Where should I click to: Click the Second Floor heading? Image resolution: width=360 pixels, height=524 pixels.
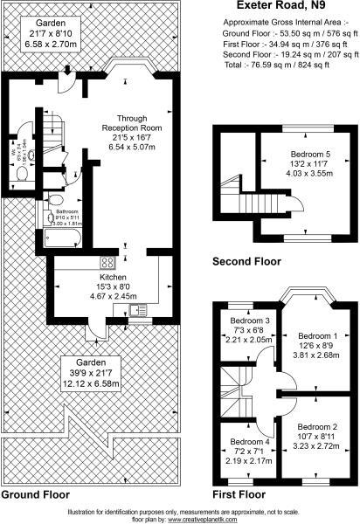coord(247,261)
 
